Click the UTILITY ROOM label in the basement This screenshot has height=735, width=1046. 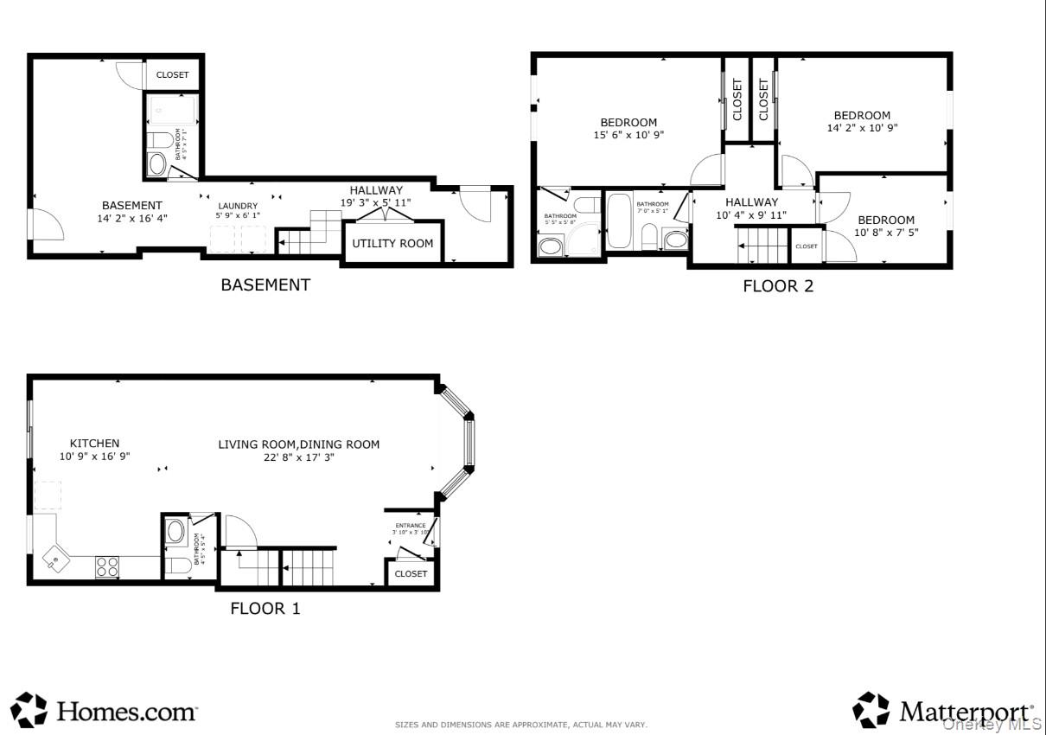(392, 244)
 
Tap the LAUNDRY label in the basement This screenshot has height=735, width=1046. (237, 206)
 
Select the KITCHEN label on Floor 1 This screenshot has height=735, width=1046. (94, 444)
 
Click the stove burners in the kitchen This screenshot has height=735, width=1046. (107, 566)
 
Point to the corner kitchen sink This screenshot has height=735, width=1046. (54, 559)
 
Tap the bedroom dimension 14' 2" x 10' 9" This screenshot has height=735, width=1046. (862, 128)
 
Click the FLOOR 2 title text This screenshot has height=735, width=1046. (778, 286)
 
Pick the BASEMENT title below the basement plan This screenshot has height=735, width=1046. (265, 284)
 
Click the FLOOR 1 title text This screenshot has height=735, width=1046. (265, 609)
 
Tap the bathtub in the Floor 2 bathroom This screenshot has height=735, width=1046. (619, 220)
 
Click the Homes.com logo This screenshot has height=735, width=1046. (105, 711)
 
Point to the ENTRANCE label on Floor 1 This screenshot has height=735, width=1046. (411, 526)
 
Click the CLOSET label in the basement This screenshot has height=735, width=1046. (172, 75)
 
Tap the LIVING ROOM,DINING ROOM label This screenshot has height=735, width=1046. (298, 444)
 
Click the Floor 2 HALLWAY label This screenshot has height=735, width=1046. (751, 202)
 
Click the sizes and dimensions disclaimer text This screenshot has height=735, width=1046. (520, 725)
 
